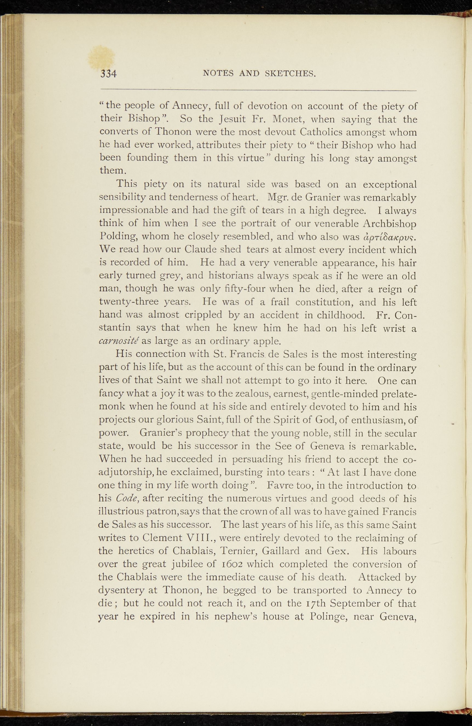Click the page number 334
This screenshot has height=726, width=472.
click(x=109, y=74)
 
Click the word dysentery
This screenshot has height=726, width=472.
click(x=121, y=590)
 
